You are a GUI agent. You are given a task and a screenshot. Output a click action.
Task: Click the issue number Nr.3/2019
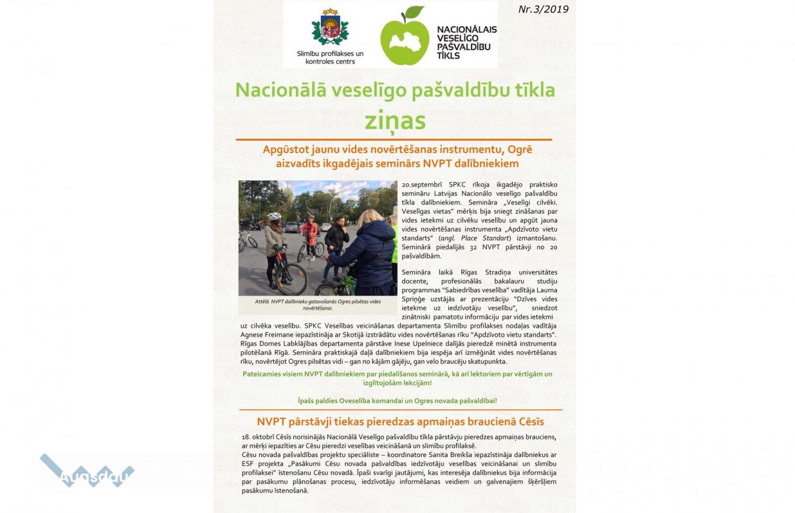tap(543, 9)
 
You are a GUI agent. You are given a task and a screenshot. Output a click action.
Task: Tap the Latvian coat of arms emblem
tap(330, 30)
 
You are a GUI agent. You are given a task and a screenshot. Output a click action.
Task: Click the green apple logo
tap(404, 39)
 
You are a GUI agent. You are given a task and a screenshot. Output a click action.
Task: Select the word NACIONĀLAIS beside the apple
tap(466, 30)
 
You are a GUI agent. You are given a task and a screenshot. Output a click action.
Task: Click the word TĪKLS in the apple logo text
tap(448, 56)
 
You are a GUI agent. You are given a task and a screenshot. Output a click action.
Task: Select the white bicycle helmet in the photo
tap(274, 217)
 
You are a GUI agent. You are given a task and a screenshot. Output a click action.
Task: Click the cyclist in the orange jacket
tap(309, 232)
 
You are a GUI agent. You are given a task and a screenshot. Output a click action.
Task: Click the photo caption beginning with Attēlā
tap(318, 304)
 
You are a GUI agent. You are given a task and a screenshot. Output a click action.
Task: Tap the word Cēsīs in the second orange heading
tap(529, 422)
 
